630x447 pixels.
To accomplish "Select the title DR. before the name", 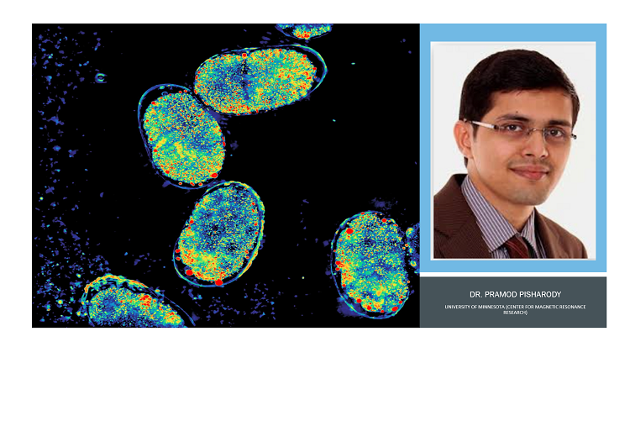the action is click(x=475, y=295).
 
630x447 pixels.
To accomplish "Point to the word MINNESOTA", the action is click(x=491, y=307).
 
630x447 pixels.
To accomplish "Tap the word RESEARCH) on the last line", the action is click(x=515, y=313).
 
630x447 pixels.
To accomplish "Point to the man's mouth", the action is click(x=530, y=171).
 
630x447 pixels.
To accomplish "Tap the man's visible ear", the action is click(x=463, y=140).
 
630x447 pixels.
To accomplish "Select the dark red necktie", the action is click(x=519, y=247).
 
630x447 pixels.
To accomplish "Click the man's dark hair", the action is click(x=517, y=77).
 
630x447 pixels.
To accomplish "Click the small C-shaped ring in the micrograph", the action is click(x=100, y=77).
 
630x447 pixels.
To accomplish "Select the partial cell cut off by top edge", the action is click(x=305, y=30).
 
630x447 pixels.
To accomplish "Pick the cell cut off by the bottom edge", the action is click(x=135, y=302).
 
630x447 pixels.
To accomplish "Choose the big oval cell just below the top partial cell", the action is click(x=260, y=80).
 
